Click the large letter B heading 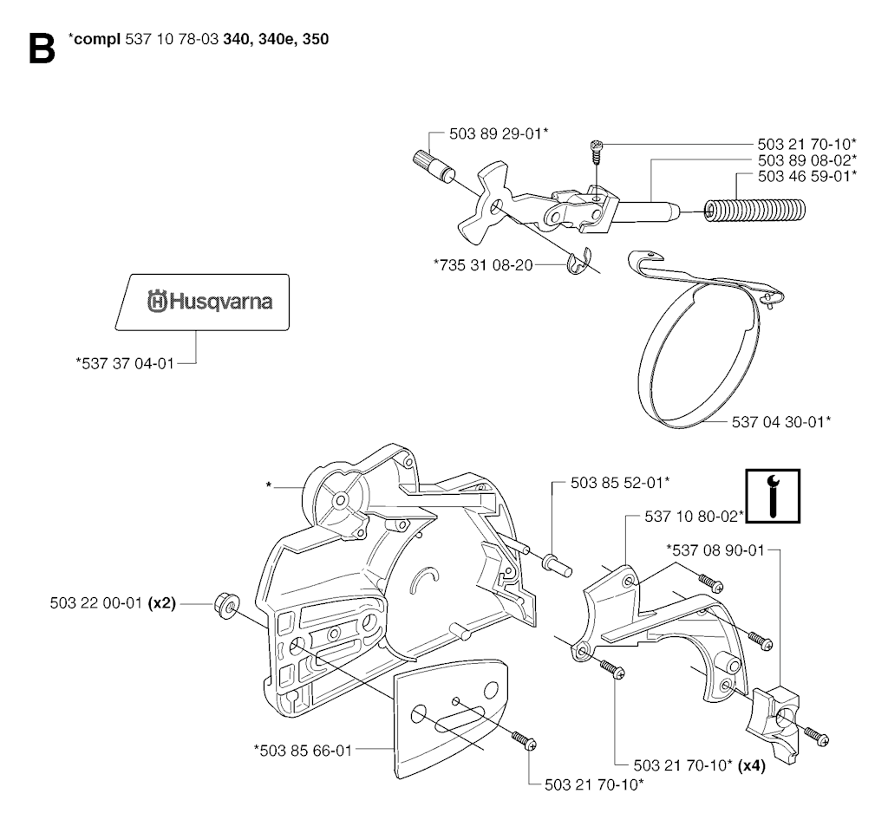42,49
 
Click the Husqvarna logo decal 202,302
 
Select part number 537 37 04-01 125,363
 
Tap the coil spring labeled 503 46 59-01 754,211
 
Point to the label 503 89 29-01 499,133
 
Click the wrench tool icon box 773,496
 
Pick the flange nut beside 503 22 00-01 227,605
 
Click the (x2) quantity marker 161,603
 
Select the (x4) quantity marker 752,766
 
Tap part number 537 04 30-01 781,422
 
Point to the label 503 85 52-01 620,483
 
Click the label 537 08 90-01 715,550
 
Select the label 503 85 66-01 303,750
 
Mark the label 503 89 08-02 807,160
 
